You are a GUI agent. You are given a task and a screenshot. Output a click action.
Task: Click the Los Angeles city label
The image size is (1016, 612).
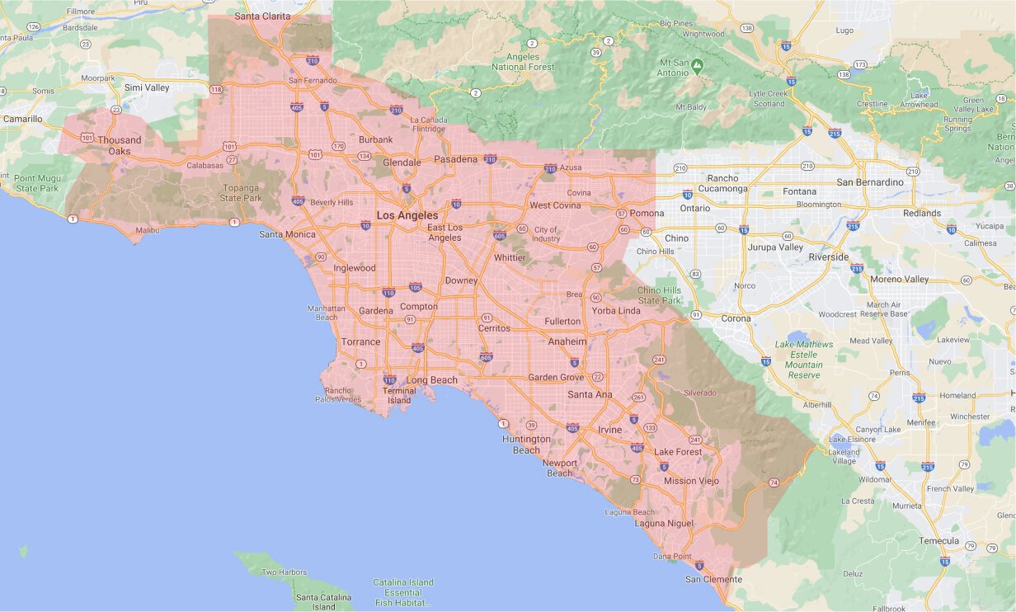[407, 215]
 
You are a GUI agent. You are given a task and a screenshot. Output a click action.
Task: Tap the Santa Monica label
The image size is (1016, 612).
[287, 234]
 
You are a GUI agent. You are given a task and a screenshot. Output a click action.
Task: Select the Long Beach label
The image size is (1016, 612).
[431, 380]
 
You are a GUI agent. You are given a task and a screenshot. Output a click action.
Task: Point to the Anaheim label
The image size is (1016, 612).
[567, 341]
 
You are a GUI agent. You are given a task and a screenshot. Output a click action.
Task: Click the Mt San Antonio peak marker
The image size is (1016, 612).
[698, 64]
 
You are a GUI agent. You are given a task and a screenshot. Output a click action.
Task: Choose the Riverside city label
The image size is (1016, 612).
[828, 257]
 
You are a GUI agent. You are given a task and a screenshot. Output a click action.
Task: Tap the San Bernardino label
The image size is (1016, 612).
[870, 182]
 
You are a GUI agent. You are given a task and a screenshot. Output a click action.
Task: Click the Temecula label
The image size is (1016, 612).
[939, 541]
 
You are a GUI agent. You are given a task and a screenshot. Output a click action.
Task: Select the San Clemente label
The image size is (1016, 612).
[713, 579]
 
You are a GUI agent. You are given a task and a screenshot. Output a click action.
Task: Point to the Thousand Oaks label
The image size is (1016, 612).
[120, 145]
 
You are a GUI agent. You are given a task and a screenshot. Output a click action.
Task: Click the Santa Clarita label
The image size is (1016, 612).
[262, 16]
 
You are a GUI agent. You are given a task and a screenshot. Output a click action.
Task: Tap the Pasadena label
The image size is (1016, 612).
[456, 159]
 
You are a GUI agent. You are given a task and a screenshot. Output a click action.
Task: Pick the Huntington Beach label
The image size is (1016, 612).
[526, 445]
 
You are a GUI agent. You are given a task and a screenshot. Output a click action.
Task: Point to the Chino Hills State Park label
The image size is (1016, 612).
[660, 295]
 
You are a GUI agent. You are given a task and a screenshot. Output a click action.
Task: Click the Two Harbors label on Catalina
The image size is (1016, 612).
[284, 572]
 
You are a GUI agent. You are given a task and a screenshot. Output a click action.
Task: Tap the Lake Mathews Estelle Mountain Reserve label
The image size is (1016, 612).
[804, 360]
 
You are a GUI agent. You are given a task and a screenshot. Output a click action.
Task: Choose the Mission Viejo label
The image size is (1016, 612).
[691, 481]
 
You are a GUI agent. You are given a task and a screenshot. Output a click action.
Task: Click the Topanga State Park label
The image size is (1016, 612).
[241, 193]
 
